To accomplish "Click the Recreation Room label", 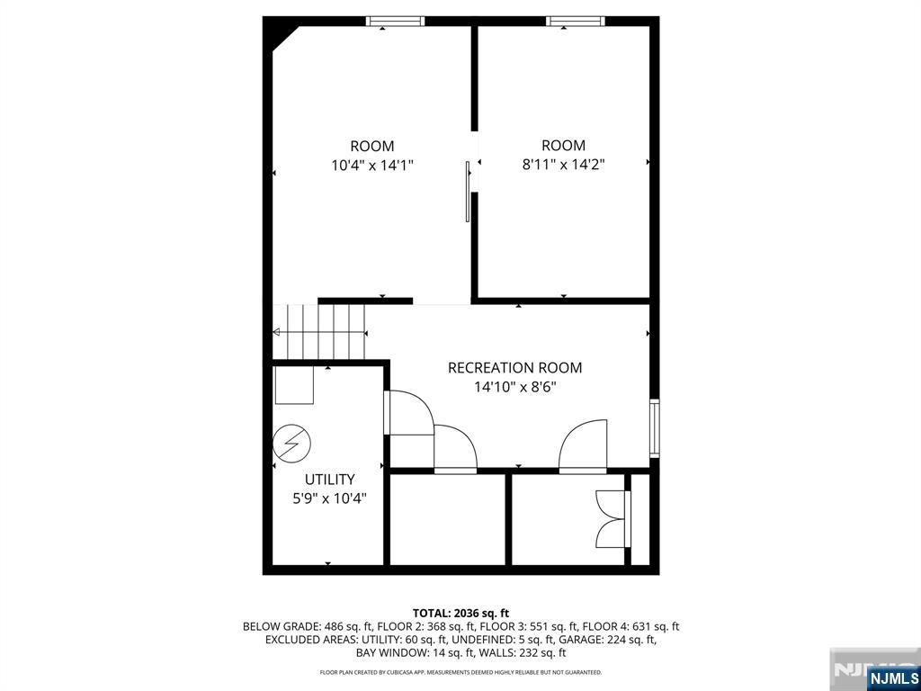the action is click(x=515, y=368).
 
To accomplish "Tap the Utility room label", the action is click(x=329, y=480).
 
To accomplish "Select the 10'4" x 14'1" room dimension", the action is click(x=372, y=166).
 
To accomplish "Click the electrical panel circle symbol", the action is click(x=292, y=443).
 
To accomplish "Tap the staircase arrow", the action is click(x=320, y=333).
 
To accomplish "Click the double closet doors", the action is click(x=613, y=519).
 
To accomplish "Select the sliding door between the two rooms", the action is click(x=468, y=192).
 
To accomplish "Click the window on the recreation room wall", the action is click(x=655, y=427).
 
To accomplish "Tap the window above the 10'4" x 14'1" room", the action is click(x=396, y=22).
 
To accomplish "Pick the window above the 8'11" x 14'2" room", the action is click(x=576, y=22).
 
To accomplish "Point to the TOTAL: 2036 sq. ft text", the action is click(x=460, y=614).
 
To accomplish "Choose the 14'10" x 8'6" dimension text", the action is click(x=515, y=387).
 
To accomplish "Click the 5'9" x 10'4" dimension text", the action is click(x=329, y=498).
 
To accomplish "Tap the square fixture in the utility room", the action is click(x=294, y=385).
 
